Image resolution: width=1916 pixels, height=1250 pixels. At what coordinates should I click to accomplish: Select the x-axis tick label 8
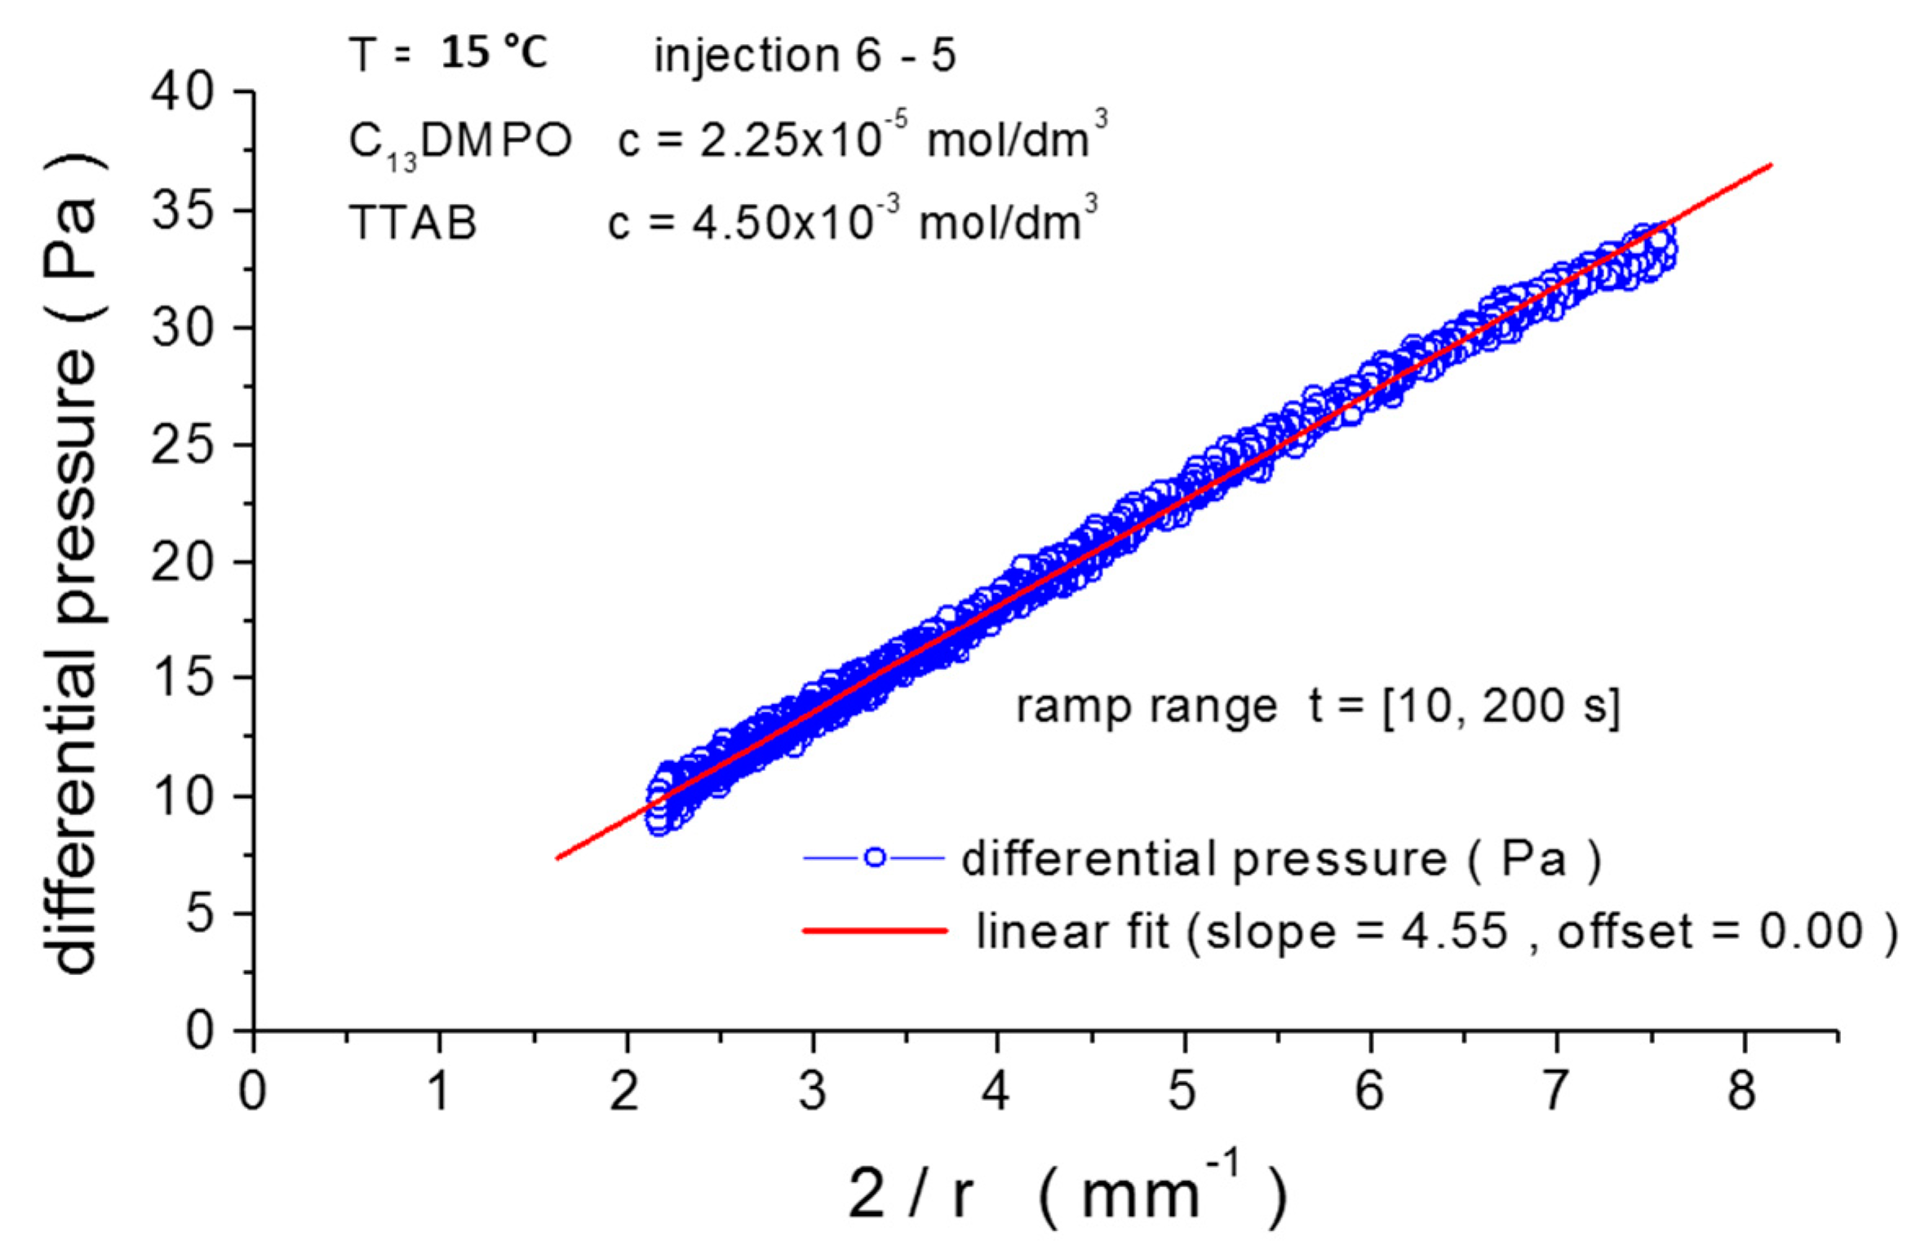tap(1741, 1091)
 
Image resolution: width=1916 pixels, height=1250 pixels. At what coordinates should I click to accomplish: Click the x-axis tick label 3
tap(812, 1091)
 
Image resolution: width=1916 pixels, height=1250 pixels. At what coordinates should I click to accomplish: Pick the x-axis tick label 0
tap(253, 1091)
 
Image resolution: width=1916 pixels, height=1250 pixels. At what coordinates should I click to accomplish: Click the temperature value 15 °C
tap(495, 53)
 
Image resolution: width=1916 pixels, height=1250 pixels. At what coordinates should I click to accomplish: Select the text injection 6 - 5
tap(805, 55)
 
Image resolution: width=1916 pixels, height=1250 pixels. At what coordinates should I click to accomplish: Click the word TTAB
tap(413, 223)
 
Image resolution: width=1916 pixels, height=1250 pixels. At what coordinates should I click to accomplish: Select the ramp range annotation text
tap(1317, 706)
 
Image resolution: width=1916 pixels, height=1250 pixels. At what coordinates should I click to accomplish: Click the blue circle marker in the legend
tap(875, 858)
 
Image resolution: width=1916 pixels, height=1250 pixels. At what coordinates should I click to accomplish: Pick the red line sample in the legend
tap(875, 930)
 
